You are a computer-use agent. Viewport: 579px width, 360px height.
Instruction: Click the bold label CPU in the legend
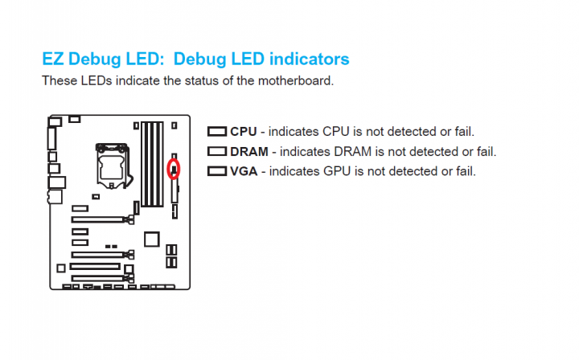244,132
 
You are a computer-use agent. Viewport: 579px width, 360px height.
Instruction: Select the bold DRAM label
249,152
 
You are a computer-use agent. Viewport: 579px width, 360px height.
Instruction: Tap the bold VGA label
244,171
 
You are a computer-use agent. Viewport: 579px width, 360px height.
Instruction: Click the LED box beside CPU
217,131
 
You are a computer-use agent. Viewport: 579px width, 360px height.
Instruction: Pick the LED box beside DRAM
217,151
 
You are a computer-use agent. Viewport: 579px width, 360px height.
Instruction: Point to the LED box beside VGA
217,171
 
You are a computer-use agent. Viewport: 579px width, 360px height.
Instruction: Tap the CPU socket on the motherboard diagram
113,166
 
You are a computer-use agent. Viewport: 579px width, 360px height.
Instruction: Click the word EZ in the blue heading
53,59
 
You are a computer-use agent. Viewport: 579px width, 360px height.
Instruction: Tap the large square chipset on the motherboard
152,239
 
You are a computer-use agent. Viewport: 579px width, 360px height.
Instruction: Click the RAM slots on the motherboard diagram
152,164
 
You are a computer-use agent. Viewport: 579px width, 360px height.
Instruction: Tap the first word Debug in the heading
95,59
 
